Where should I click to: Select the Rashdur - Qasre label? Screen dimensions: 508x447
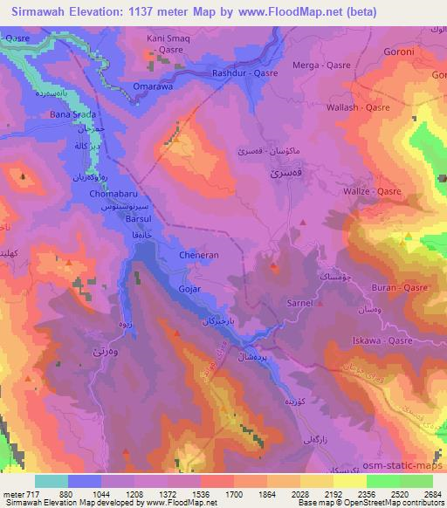[245, 73]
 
